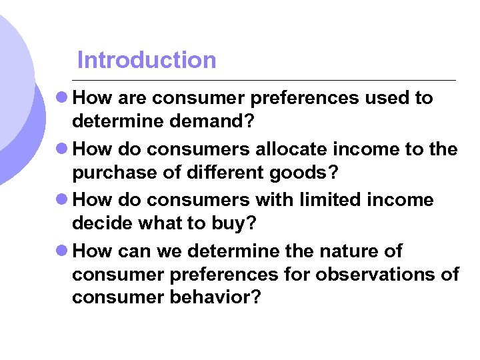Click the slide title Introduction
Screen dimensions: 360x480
[x=147, y=60]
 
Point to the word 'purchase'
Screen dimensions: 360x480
[x=111, y=173]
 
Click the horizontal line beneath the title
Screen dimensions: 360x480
[x=267, y=80]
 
